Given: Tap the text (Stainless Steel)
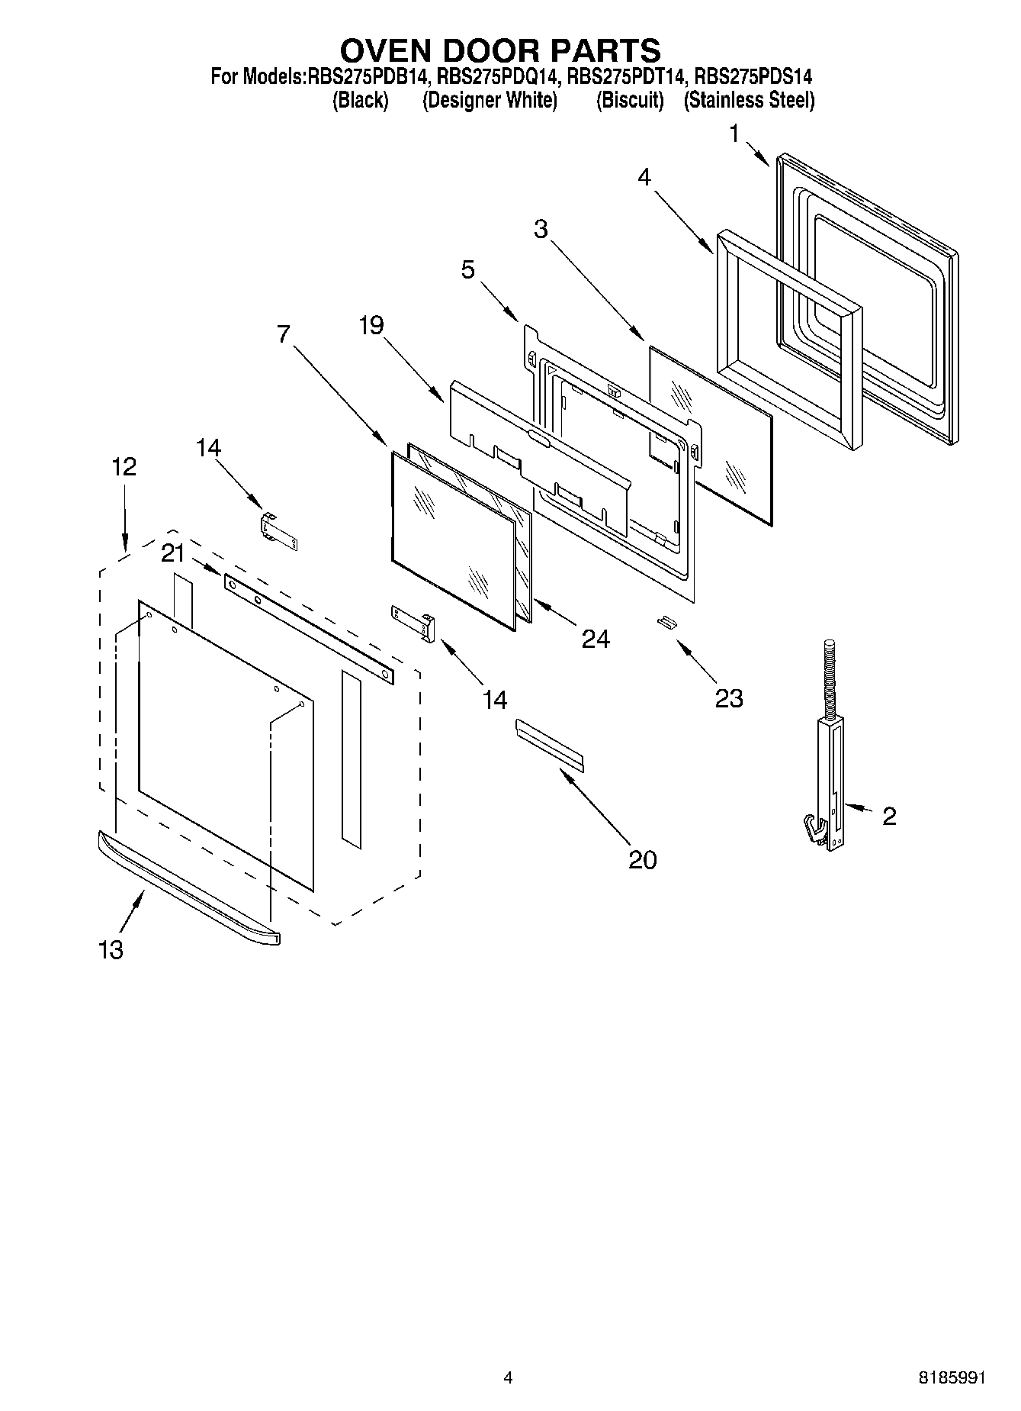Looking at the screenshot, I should click(749, 101).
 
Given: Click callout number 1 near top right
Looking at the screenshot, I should click(734, 135).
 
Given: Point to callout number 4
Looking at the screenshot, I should click(644, 178).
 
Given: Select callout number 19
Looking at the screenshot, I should click(371, 326).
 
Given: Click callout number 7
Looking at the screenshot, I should click(284, 334).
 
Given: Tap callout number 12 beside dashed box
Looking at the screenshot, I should click(124, 466).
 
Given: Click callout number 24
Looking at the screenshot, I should click(596, 639).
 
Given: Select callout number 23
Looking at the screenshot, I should click(729, 698).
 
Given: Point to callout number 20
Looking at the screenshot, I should click(642, 860).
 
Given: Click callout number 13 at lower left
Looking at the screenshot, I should click(111, 950).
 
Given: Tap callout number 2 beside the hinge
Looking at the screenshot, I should click(889, 817).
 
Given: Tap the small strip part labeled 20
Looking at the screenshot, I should click(549, 745).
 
